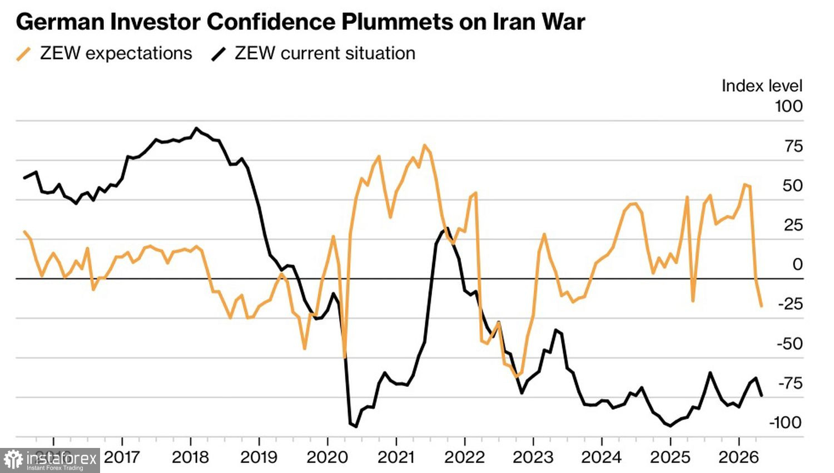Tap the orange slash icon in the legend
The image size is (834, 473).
click(x=24, y=54)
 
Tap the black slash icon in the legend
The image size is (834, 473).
click(x=219, y=54)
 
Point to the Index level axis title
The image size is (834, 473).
click(x=762, y=86)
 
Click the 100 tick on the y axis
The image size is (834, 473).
click(x=788, y=106)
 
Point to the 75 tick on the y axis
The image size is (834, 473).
click(x=793, y=146)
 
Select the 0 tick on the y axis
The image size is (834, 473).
click(x=798, y=264)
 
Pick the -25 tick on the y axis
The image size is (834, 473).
click(x=790, y=304)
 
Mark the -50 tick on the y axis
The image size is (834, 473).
click(x=790, y=343)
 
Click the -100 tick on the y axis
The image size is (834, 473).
click(x=785, y=422)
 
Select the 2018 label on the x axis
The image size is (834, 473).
click(x=190, y=457)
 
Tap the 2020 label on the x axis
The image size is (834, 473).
click(x=327, y=457)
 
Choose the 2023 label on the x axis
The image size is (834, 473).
click(x=533, y=457)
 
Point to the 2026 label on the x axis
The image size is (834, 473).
click(x=738, y=457)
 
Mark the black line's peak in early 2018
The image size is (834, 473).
click(x=196, y=128)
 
